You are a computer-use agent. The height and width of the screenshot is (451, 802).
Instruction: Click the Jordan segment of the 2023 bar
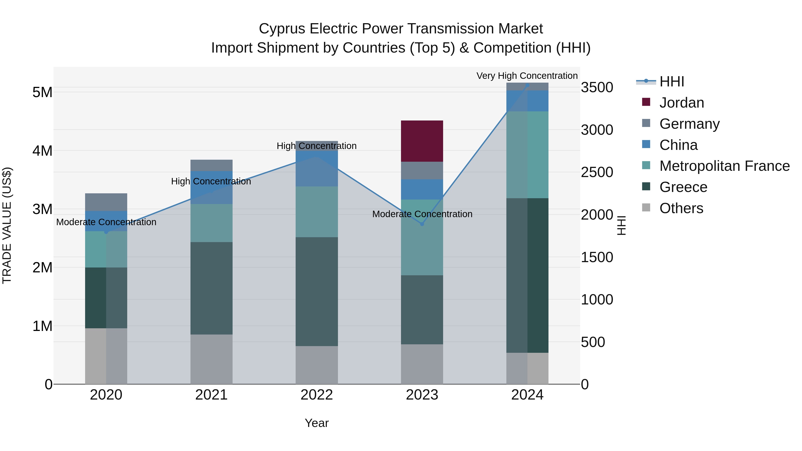pyautogui.click(x=422, y=141)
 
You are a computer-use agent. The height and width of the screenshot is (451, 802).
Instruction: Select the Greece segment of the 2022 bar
pyautogui.click(x=317, y=291)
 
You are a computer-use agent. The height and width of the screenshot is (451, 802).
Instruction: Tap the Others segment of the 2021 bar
pyautogui.click(x=211, y=359)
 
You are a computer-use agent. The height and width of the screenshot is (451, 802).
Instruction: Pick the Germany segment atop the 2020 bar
pyautogui.click(x=106, y=202)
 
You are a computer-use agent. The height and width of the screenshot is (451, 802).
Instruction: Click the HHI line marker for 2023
pyautogui.click(x=422, y=224)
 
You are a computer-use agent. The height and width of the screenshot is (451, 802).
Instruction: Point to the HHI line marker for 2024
pyautogui.click(x=527, y=85)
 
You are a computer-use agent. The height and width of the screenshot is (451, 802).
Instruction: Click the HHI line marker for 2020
pyautogui.click(x=106, y=232)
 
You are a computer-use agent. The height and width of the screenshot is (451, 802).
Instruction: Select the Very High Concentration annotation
pyautogui.click(x=527, y=76)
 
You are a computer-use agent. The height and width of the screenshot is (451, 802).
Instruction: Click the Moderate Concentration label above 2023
pyautogui.click(x=422, y=214)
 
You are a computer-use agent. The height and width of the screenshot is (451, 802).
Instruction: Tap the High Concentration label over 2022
pyautogui.click(x=317, y=146)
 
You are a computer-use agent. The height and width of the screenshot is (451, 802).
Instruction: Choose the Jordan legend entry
pyautogui.click(x=681, y=103)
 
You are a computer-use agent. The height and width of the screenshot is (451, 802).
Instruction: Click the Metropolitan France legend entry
pyautogui.click(x=724, y=166)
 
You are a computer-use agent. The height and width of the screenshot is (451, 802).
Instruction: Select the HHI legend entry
pyautogui.click(x=671, y=82)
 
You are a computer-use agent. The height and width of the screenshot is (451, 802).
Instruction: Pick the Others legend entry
pyautogui.click(x=681, y=208)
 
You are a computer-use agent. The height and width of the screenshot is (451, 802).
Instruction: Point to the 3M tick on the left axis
pyautogui.click(x=42, y=209)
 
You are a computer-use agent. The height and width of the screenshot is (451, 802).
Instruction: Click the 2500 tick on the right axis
pyautogui.click(x=597, y=172)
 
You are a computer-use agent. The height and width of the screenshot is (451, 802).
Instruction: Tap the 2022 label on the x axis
pyautogui.click(x=317, y=395)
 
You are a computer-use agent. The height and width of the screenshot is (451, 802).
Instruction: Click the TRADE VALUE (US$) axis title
pyautogui.click(x=7, y=225)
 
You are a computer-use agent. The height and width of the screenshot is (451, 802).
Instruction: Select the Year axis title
pyautogui.click(x=317, y=423)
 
